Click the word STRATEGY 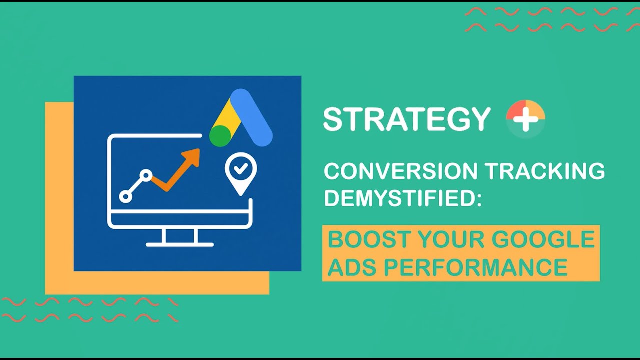point(406,119)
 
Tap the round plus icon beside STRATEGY point(525,119)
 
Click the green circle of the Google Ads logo point(219,136)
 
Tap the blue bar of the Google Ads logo point(252,118)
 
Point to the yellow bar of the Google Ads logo point(225,115)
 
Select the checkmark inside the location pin point(241,169)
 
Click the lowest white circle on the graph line point(126,197)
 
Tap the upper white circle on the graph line point(146,175)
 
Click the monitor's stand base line point(180,245)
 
